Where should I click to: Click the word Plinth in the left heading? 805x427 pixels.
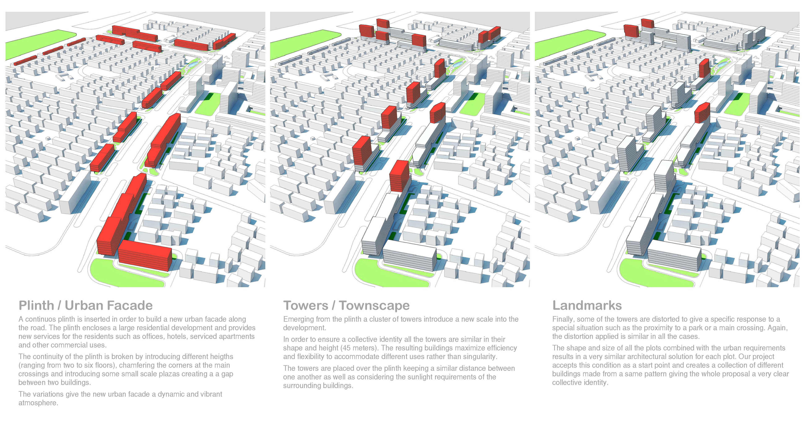coord(36,305)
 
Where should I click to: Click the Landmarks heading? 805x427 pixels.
coord(587,305)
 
